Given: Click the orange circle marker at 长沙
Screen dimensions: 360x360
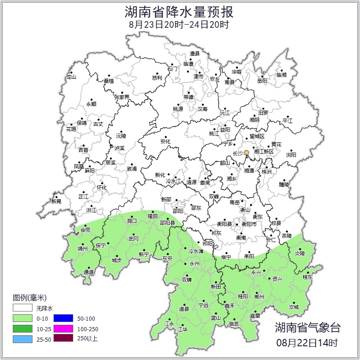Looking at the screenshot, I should (x=247, y=153).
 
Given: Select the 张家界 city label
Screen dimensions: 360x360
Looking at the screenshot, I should (x=122, y=97).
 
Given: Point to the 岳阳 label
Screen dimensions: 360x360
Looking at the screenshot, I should (x=262, y=81).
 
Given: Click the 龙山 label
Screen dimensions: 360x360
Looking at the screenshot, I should (x=71, y=77).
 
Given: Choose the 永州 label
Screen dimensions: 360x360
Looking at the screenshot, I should (x=194, y=264).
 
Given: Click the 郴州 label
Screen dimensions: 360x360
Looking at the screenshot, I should (x=259, y=296).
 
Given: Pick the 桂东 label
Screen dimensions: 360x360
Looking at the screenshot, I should (x=307, y=277).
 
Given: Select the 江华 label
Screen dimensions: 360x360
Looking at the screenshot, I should (x=183, y=329).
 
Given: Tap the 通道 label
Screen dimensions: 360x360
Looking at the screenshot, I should (x=89, y=273).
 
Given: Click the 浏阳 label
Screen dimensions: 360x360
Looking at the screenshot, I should (x=291, y=155).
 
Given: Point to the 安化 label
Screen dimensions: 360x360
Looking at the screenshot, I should (x=165, y=142).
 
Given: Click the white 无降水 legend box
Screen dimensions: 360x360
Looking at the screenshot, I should (x=22, y=308).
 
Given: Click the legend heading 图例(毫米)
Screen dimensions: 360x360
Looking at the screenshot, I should (x=30, y=298).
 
